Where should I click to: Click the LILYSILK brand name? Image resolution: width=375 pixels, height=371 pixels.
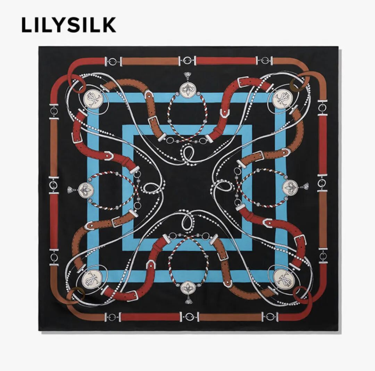click(x=68, y=25)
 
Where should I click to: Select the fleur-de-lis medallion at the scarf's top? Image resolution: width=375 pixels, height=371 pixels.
click(x=188, y=90)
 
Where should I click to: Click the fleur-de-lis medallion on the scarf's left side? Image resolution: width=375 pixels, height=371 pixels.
click(x=85, y=190)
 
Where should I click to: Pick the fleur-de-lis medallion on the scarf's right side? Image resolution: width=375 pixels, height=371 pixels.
click(x=290, y=188)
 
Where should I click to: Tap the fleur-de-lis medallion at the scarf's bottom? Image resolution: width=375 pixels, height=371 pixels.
click(x=188, y=287)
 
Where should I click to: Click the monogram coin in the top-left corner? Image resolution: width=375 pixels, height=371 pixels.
click(x=93, y=99)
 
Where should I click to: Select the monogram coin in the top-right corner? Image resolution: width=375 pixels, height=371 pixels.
click(x=282, y=98)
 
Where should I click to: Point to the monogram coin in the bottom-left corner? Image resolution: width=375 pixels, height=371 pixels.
click(x=93, y=279)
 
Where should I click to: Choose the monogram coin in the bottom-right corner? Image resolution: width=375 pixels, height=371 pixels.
click(x=282, y=278)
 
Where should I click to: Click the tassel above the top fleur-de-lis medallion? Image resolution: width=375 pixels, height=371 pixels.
click(x=188, y=76)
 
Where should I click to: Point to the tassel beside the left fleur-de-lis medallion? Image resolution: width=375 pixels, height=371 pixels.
click(x=72, y=190)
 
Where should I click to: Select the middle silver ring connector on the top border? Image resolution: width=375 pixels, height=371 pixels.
click(x=188, y=61)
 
